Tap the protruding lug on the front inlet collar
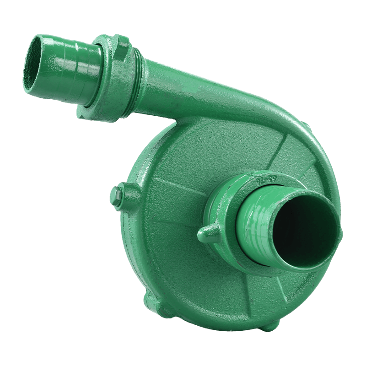[205, 235]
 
